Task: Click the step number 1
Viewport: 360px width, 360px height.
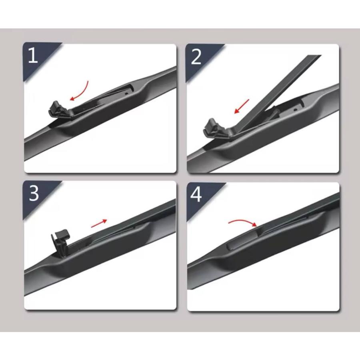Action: tap(33, 55)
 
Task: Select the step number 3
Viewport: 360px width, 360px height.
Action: tap(34, 193)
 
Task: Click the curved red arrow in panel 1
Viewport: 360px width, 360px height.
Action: tap(82, 92)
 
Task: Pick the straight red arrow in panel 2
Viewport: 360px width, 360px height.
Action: tap(242, 106)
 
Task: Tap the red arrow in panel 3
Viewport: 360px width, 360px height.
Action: tap(99, 223)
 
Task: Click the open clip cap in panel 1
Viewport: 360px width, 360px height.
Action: tap(59, 110)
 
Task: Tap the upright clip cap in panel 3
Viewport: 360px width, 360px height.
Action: tap(61, 243)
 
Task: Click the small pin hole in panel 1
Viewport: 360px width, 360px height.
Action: tap(126, 94)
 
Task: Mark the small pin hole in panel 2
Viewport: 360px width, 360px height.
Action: tap(296, 110)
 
